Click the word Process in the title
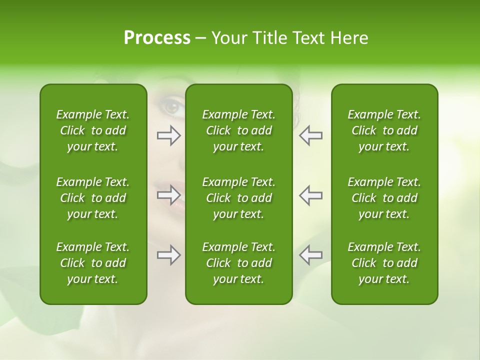click(x=157, y=38)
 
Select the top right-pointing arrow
click(x=169, y=135)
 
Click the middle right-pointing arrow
click(x=169, y=195)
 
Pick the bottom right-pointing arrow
click(x=169, y=254)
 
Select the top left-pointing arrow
click(x=310, y=135)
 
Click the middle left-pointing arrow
click(x=310, y=195)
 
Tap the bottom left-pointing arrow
click(x=310, y=254)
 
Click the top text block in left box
click(x=93, y=130)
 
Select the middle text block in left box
click(x=93, y=198)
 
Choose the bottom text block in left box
click(x=93, y=263)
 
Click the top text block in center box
click(x=238, y=130)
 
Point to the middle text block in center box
click(x=238, y=198)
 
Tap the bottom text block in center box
click(x=238, y=263)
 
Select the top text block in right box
click(x=384, y=130)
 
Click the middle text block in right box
click(x=384, y=198)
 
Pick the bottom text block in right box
click(x=384, y=263)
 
